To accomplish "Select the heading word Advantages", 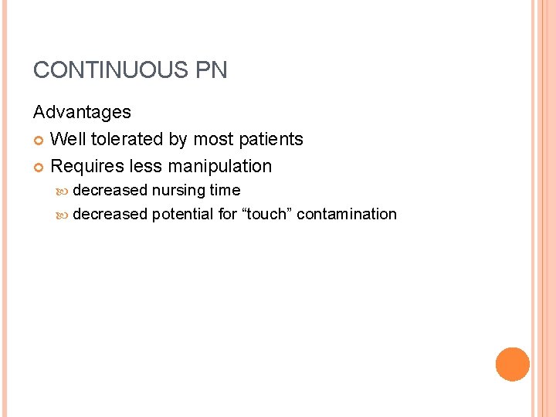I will coord(82,112).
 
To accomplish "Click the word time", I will coord(225,190).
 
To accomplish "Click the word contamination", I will coord(347,214).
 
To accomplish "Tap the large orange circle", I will coord(513,364).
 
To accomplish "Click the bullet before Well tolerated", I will coord(39,140).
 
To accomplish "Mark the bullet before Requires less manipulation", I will coord(39,167).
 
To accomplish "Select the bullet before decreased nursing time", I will coord(63,191).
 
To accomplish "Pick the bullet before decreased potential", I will coord(63,215).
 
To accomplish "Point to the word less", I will coord(147,166).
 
